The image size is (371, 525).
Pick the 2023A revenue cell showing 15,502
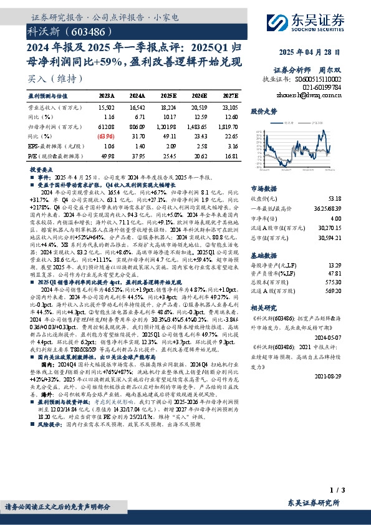[107, 107]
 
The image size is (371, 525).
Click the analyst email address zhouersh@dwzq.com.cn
[315, 97]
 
